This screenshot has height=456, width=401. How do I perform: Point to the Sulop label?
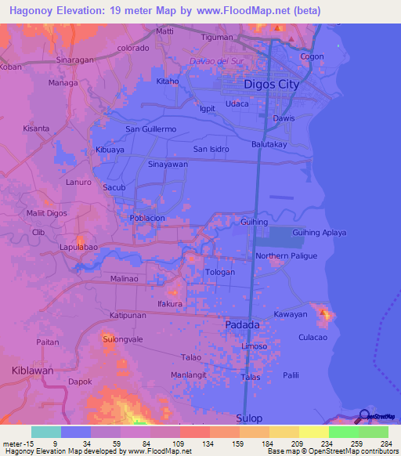(x=249, y=418)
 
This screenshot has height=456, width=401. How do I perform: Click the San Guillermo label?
(x=150, y=129)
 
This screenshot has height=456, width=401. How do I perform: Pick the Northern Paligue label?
(x=286, y=256)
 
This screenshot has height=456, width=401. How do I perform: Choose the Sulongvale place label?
(x=122, y=339)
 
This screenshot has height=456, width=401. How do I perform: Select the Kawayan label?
(x=291, y=314)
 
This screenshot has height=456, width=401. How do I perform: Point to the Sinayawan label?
(x=168, y=165)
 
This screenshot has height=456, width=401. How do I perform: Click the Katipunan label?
(x=128, y=316)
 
